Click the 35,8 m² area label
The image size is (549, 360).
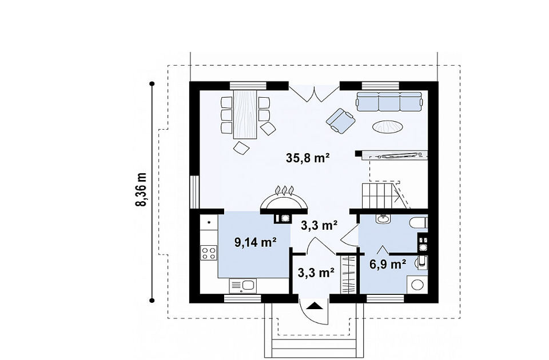pos(308,158)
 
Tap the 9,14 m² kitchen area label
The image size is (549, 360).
pos(256,242)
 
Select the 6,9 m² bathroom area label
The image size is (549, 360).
pos(388,264)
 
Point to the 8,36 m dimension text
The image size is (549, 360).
pos(141,189)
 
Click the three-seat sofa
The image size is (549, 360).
pos(389,102)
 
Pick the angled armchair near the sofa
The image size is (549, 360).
pos(340,121)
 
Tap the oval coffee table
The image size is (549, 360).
pos(387,126)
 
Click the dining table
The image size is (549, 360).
pos(245,115)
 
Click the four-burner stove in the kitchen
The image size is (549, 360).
pos(209,253)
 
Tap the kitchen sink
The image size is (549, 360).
pos(242,286)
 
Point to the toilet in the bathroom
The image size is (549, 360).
pos(419,223)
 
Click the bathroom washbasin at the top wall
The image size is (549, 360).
pos(383,219)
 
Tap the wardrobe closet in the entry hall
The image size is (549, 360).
pos(348,275)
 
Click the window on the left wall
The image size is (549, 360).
pos(194,192)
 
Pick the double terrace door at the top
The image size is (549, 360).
pos(314,93)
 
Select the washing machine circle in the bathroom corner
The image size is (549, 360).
pos(417,285)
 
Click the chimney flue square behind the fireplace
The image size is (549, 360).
pos(285,218)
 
